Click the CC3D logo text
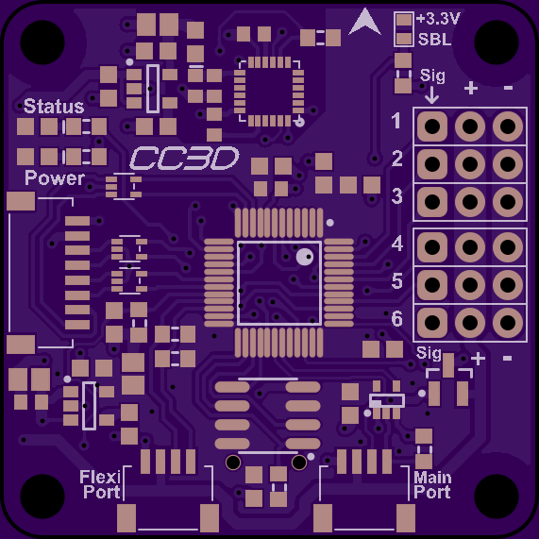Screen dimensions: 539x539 coord(184,159)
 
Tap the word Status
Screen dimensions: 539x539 coord(54,106)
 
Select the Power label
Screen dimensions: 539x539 coord(55,177)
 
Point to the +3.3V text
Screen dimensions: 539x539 coord(438,19)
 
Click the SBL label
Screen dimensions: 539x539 coord(434,40)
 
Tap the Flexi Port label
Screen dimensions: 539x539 coord(100,484)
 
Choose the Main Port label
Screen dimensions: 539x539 coord(432,484)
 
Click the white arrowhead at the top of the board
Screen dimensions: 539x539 coord(364,22)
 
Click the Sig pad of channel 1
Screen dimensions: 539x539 coord(432,126)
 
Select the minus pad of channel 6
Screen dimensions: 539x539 coord(508,323)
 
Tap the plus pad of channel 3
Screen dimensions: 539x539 coord(470,202)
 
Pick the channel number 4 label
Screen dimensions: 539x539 coord(397,244)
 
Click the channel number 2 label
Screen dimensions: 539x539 coord(397,159)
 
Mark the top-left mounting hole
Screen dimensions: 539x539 coord(42,42)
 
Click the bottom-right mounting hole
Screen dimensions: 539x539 coord(497,497)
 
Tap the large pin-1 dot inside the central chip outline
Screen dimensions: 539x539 coord(305,257)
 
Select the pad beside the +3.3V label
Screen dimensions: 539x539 coord(404,19)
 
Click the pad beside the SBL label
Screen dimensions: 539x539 coord(404,39)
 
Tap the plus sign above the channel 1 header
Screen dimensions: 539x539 coord(471,88)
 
